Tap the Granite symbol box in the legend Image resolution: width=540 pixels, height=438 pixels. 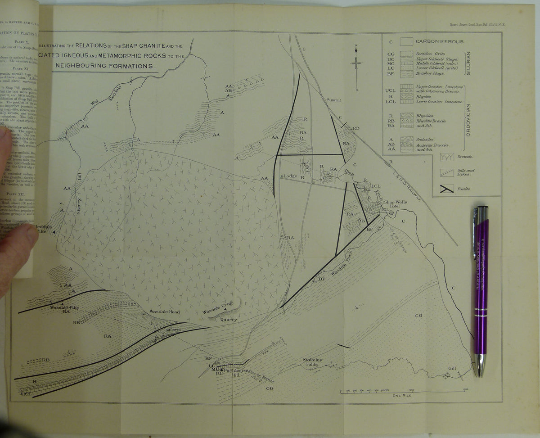(x=447, y=158)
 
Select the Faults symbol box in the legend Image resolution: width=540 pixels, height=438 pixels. (x=447, y=189)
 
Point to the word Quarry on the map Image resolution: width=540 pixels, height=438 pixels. (x=229, y=320)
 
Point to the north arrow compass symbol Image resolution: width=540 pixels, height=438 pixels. (x=356, y=63)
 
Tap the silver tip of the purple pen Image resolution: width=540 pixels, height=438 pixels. (x=478, y=366)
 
